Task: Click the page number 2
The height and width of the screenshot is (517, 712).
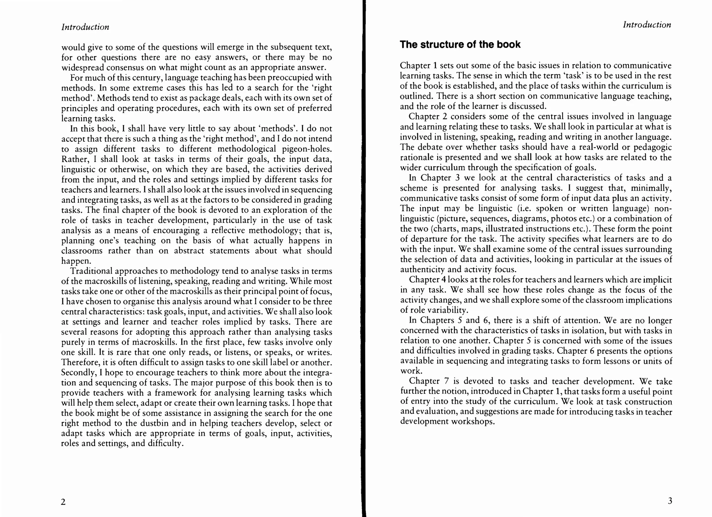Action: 63,502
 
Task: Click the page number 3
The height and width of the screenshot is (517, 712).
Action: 670,501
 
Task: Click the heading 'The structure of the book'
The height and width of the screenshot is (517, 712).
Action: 460,44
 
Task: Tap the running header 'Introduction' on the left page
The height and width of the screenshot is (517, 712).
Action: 85,27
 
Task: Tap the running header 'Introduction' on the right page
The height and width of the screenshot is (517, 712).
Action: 647,25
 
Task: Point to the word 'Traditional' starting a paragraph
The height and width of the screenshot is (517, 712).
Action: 91,271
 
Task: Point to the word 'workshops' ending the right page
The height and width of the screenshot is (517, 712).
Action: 472,422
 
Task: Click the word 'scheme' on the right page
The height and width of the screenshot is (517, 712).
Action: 413,188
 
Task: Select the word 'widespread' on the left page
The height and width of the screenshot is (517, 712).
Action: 82,67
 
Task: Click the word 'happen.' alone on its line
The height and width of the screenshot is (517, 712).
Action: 76,261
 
